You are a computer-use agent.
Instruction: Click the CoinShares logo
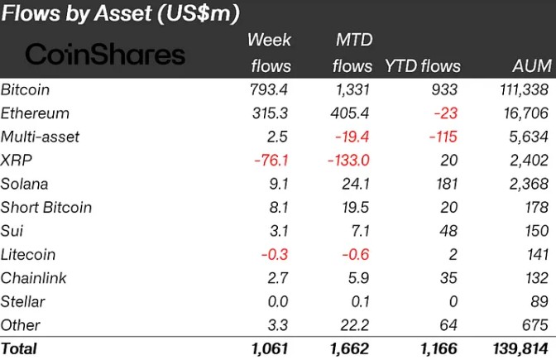(x=106, y=55)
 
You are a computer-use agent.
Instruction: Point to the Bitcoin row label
(x=26, y=89)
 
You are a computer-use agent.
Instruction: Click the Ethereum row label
(x=35, y=113)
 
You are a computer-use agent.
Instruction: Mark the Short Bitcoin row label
(x=46, y=207)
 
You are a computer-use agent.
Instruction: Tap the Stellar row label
(x=23, y=301)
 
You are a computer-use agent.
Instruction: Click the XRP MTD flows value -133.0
(x=347, y=160)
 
